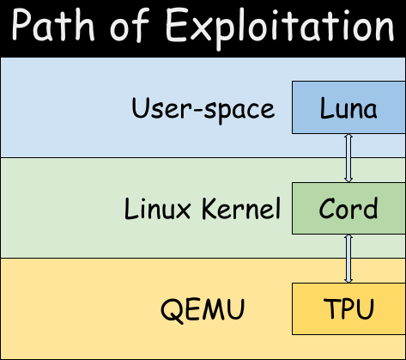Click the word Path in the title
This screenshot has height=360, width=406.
[x=53, y=26]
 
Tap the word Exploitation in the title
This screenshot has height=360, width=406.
[x=280, y=28]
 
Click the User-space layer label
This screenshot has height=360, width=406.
[x=203, y=110]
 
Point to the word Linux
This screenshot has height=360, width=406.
[x=158, y=209]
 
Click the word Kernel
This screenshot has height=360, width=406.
[x=241, y=208]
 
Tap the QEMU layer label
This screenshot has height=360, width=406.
[x=203, y=309]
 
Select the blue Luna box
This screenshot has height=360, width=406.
[x=348, y=107]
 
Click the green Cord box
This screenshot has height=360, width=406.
[x=348, y=209]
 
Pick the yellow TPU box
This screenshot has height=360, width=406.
[x=348, y=308]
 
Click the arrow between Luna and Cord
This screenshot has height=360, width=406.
[x=348, y=158]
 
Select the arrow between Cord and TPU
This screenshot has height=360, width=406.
[x=348, y=259]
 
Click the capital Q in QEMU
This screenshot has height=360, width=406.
[x=172, y=311]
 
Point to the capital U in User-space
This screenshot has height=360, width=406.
[x=141, y=107]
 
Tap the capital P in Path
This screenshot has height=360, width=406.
[x=22, y=25]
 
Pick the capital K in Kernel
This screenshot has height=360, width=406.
[x=210, y=209]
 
